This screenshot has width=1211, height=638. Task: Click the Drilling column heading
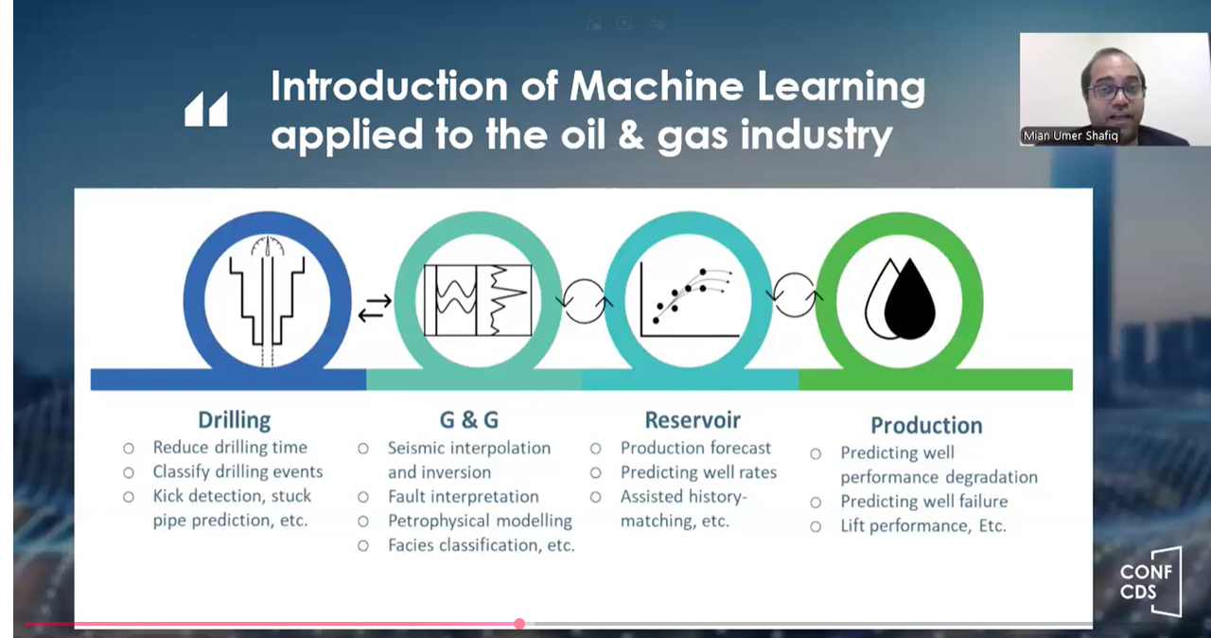pos(234,420)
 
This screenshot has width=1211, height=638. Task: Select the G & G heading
pos(468,420)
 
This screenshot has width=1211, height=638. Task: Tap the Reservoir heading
pos(693,420)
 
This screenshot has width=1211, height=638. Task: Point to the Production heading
pos(926,426)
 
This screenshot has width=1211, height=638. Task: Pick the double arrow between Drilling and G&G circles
pos(375,308)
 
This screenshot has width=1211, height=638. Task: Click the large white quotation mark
pos(206,109)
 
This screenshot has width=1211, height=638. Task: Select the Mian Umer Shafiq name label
pos(1070,135)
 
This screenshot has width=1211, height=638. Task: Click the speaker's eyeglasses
pos(1115,90)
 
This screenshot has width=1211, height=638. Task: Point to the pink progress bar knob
pos(519,624)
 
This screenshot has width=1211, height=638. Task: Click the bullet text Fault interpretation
pos(464,496)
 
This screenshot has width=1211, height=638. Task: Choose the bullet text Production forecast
pos(695,448)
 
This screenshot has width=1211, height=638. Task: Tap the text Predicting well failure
pos(924,502)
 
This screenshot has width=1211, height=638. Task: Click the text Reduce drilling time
pos(230,447)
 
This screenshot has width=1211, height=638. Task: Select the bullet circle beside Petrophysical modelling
pos(363,522)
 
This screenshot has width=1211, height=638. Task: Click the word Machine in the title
pos(657,86)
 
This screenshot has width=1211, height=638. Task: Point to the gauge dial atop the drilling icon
pos(268,245)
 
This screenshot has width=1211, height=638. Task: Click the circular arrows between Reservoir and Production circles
pos(794,295)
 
